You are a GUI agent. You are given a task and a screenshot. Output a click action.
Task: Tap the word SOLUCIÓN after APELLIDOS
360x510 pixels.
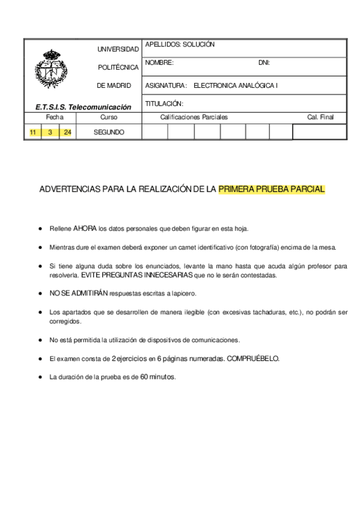click(198, 45)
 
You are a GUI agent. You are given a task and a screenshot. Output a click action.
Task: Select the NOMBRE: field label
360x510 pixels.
click(159, 63)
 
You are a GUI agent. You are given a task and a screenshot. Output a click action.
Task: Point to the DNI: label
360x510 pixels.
click(264, 63)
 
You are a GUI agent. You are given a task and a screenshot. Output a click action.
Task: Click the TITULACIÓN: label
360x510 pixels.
click(164, 103)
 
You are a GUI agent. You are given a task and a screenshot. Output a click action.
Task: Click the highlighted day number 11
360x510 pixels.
click(33, 132)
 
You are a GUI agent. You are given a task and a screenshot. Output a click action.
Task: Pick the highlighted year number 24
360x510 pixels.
click(67, 132)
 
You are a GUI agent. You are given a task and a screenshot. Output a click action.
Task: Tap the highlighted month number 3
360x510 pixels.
click(50, 132)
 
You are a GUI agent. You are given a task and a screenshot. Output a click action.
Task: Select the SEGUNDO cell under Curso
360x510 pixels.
click(109, 132)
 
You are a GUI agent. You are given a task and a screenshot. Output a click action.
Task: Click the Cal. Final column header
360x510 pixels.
click(320, 117)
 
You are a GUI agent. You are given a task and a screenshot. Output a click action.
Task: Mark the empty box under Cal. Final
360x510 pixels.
click(319, 132)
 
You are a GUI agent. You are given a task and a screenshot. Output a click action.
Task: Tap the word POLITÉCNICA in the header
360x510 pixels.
click(118, 67)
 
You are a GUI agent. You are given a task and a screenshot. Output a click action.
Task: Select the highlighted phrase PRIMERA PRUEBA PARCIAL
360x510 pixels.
click(271, 189)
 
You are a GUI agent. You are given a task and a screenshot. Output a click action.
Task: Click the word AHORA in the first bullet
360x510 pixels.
click(85, 229)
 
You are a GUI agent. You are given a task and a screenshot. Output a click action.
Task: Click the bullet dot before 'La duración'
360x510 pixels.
click(40, 377)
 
